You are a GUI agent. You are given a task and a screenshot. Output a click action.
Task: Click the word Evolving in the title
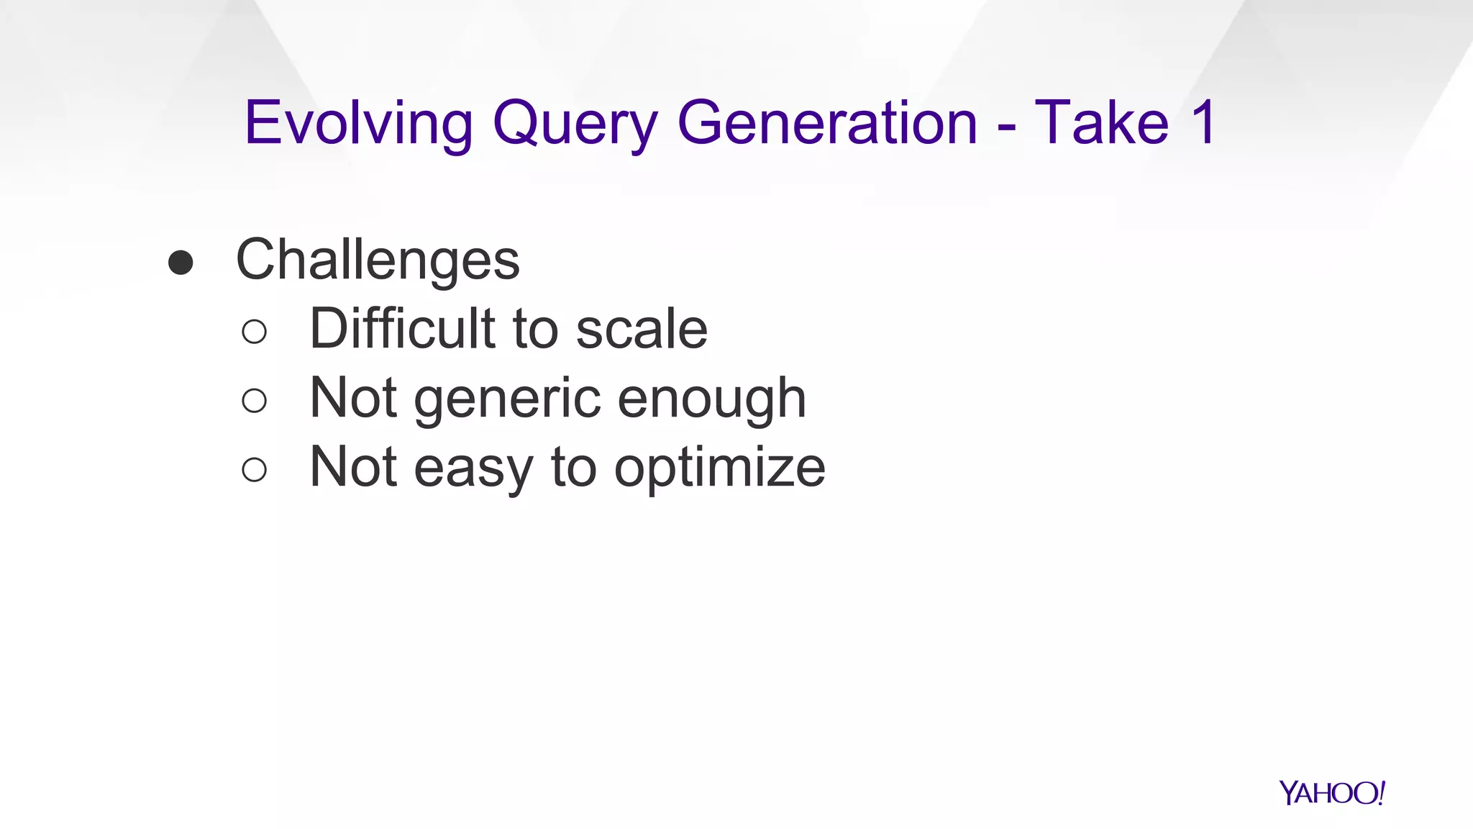(358, 124)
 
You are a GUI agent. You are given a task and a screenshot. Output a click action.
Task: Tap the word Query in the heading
(575, 124)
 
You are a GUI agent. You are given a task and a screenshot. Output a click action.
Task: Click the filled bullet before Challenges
(181, 263)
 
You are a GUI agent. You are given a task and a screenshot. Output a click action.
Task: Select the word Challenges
(378, 260)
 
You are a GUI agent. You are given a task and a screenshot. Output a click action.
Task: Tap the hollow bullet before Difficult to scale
(255, 332)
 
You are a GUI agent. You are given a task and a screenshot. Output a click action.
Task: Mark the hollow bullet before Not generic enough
(255, 401)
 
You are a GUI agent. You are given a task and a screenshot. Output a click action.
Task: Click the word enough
(712, 399)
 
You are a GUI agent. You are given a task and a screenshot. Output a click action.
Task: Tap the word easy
(473, 468)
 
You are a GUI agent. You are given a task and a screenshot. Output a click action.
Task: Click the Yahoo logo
(1331, 793)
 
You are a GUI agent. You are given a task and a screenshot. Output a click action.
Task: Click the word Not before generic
(353, 398)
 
